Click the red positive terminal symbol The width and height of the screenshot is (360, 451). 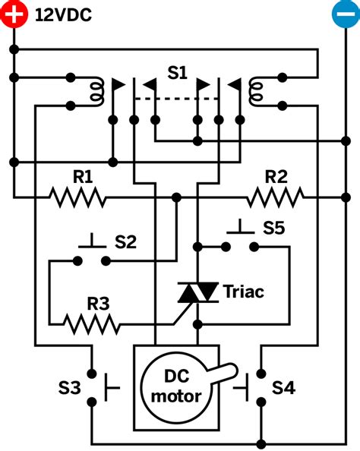[x=13, y=14]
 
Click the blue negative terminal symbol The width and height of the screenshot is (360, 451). [x=345, y=14]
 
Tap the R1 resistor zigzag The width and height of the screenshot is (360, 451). [x=77, y=198]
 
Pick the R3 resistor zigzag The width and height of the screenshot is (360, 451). [x=92, y=325]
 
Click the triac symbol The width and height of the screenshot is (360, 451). [x=197, y=292]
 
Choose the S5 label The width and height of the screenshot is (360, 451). [x=275, y=227]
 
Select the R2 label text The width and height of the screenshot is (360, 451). [x=276, y=177]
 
